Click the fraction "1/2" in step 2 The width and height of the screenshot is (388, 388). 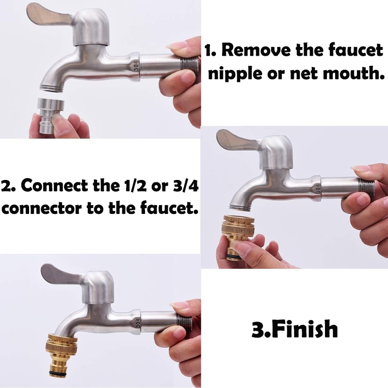[x=134, y=185]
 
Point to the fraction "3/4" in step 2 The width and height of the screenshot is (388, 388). [x=185, y=185]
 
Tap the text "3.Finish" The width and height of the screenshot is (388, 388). [x=294, y=329]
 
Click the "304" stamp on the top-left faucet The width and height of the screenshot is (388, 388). [x=136, y=65]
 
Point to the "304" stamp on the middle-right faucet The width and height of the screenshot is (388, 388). [x=319, y=189]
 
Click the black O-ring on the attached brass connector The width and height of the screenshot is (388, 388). [x=61, y=372]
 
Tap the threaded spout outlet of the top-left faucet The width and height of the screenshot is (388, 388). [x=52, y=88]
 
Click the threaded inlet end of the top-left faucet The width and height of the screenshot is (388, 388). [x=190, y=65]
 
